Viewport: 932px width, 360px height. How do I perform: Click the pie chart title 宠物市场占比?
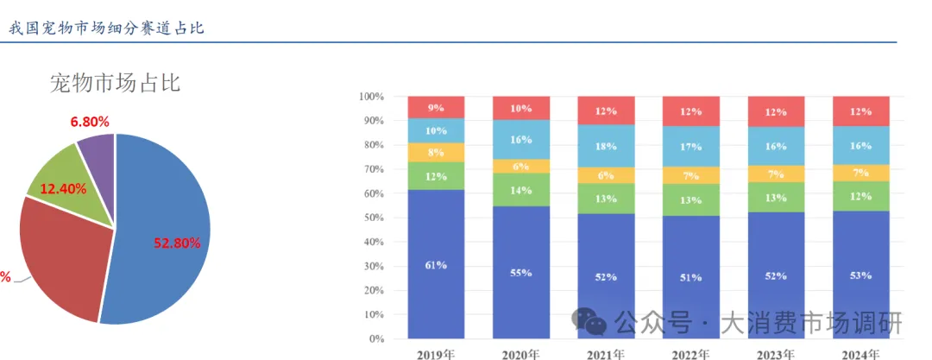[x=115, y=84]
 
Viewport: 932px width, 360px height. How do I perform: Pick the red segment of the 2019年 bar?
[x=436, y=107]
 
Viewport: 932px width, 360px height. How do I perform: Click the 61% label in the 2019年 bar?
[x=436, y=265]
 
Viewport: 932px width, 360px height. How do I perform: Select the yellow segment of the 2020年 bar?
[x=520, y=167]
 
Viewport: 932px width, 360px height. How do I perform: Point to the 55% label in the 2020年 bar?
[x=520, y=273]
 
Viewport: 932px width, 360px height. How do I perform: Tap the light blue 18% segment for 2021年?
[x=606, y=146]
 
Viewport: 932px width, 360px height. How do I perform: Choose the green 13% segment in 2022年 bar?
[x=690, y=200]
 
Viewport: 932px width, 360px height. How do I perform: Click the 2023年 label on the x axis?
[x=775, y=354]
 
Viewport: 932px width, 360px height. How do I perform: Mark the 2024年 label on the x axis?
[x=860, y=354]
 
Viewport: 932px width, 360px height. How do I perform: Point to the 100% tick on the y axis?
[x=371, y=96]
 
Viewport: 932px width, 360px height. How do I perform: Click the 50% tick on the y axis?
[x=374, y=218]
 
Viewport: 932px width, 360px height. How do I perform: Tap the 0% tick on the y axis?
[x=377, y=339]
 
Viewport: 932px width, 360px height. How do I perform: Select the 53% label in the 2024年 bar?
[x=860, y=275]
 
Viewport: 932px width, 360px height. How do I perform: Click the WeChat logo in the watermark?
[x=591, y=321]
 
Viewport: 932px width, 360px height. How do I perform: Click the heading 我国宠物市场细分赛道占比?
[x=106, y=28]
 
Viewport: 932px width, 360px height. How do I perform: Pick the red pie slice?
[x=60, y=259]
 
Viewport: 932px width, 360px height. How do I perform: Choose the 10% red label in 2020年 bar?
[x=520, y=109]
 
